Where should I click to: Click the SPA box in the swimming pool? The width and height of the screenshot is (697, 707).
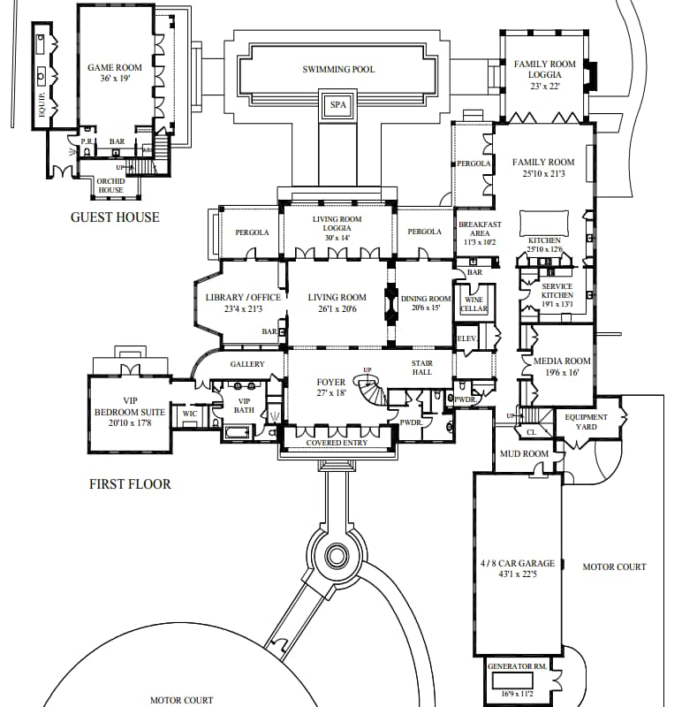(338, 104)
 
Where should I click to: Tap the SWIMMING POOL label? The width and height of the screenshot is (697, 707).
(338, 70)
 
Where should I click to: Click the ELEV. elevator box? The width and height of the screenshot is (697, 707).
(466, 339)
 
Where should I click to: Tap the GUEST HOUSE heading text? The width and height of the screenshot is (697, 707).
(115, 217)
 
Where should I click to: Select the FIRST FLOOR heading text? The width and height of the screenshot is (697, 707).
(130, 484)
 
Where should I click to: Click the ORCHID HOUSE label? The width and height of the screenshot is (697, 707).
(111, 186)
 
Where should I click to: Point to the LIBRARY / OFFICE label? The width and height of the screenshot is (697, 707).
(243, 298)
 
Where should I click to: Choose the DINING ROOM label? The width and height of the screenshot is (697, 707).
(427, 300)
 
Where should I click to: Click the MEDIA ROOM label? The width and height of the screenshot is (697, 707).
(562, 361)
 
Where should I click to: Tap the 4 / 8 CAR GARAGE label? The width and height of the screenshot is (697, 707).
(518, 564)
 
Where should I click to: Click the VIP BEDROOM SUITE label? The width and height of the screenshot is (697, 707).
(130, 411)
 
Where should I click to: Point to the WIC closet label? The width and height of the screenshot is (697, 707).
(190, 414)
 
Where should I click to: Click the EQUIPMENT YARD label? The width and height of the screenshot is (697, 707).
(587, 422)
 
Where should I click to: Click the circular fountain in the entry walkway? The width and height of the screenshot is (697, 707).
(337, 556)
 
